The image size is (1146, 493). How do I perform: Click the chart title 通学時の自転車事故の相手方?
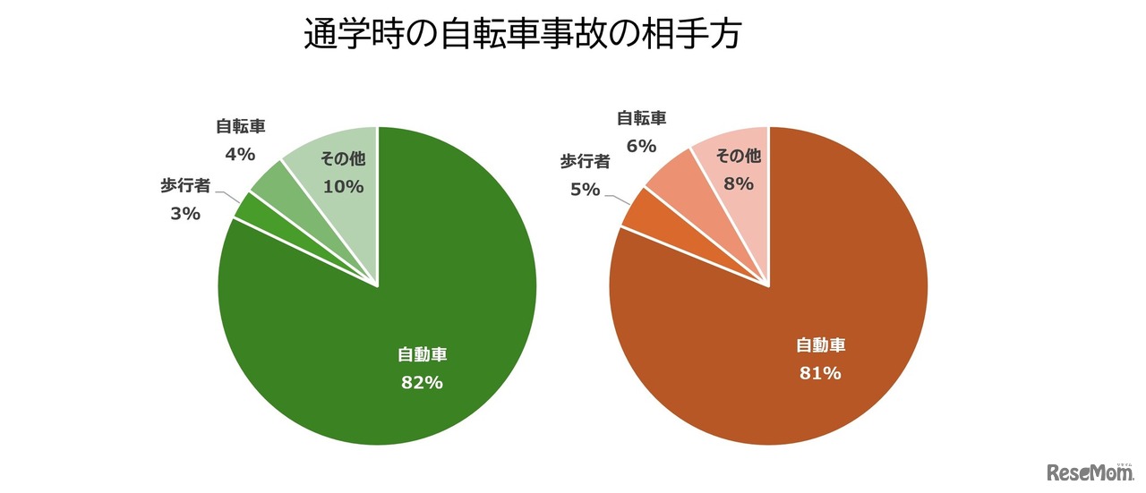point(524,35)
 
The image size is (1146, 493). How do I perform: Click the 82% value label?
point(422,382)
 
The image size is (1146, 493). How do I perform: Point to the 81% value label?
point(820,373)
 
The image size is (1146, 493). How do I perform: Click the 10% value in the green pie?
point(343,187)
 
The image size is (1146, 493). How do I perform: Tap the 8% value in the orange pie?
point(739,184)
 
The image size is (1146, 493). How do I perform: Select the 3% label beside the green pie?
point(185,214)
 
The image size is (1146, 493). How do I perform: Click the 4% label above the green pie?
point(240,154)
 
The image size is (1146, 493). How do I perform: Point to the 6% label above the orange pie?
point(642,146)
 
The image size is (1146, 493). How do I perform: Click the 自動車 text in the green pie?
point(422,355)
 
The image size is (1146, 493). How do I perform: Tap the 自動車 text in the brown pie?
point(820,345)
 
